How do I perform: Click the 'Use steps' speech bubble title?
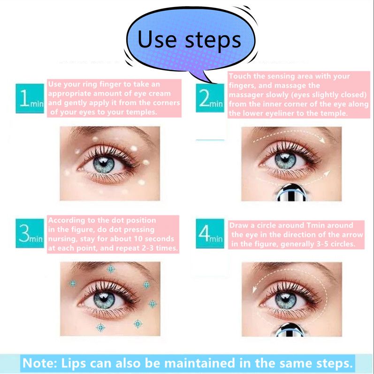pyautogui.click(x=189, y=40)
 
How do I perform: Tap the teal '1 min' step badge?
pyautogui.click(x=30, y=98)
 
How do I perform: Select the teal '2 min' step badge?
pyautogui.click(x=210, y=98)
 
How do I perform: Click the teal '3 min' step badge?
pyautogui.click(x=30, y=233)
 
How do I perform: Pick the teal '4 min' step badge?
pyautogui.click(x=210, y=234)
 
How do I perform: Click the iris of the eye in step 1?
pyautogui.click(x=104, y=164)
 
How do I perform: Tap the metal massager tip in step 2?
pyautogui.click(x=291, y=192)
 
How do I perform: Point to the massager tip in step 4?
pyautogui.click(x=290, y=330)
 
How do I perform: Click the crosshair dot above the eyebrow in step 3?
pyautogui.click(x=111, y=269)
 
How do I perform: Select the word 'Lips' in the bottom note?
pyautogui.click(x=74, y=363)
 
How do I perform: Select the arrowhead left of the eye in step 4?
pyautogui.click(x=254, y=290)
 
